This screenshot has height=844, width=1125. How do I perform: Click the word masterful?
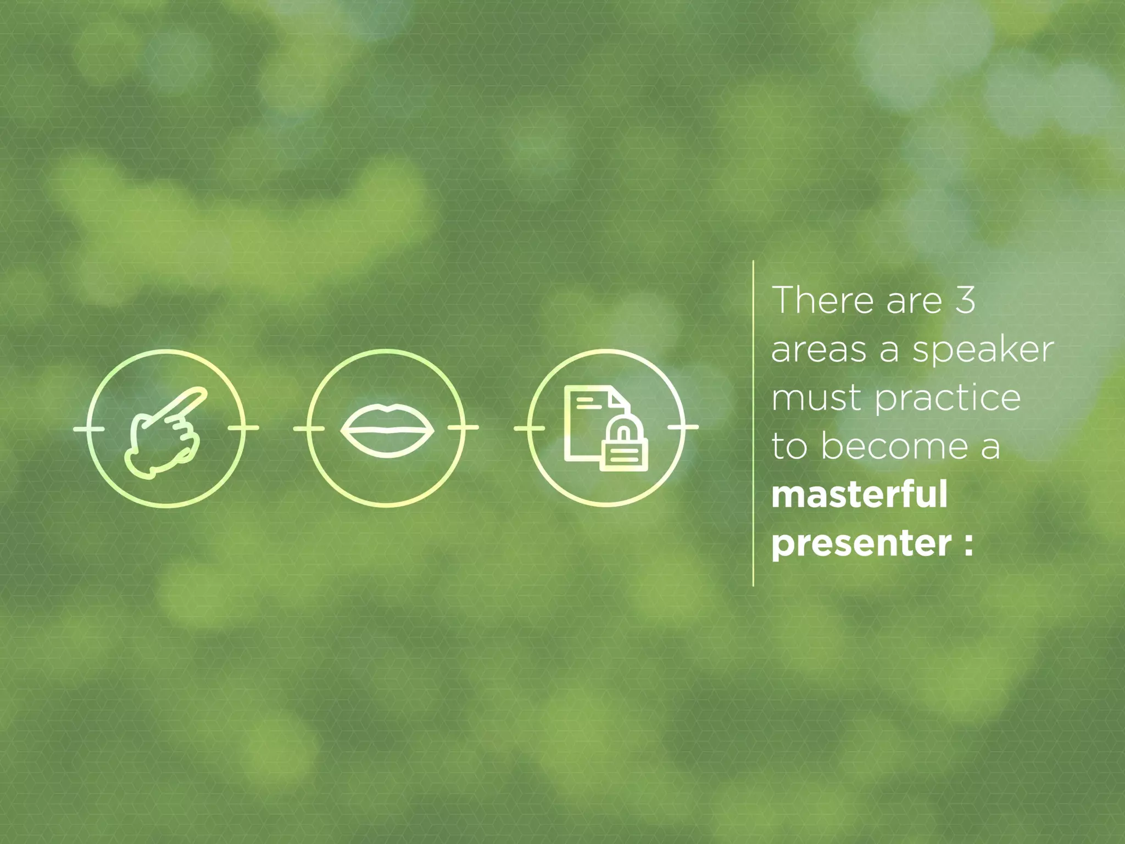point(859,494)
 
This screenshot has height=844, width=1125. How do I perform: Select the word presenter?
point(861,543)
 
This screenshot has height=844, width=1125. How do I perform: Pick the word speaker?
point(983,351)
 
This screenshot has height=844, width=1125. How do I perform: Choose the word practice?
point(948,399)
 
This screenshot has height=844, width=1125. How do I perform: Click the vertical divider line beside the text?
point(753,423)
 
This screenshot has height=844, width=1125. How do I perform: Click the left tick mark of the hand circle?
point(88,428)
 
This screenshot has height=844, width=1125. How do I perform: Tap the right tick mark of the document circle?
point(684,427)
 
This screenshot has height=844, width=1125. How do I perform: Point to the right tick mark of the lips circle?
point(463,427)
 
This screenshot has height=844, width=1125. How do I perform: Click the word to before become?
point(789,446)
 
